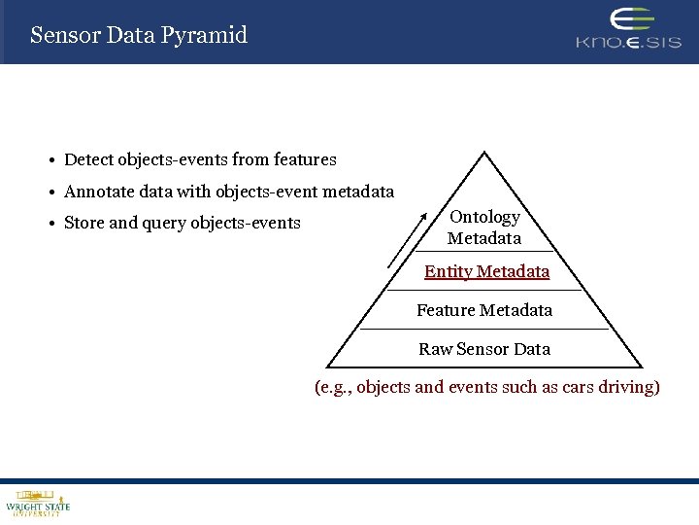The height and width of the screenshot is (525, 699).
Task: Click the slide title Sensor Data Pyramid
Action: [139, 36]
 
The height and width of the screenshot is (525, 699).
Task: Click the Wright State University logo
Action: [38, 503]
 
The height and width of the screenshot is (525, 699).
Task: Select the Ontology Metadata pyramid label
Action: [484, 227]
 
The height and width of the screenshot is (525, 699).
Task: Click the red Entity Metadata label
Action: [486, 272]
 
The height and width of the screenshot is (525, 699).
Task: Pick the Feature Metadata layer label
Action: [484, 310]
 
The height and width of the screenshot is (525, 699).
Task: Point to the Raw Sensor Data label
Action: [484, 349]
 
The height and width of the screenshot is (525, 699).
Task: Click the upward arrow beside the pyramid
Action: [407, 238]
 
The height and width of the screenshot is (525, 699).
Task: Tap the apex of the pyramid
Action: [484, 153]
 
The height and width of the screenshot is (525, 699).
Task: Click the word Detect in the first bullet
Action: [88, 159]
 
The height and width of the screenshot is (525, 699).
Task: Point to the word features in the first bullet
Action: [305, 159]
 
